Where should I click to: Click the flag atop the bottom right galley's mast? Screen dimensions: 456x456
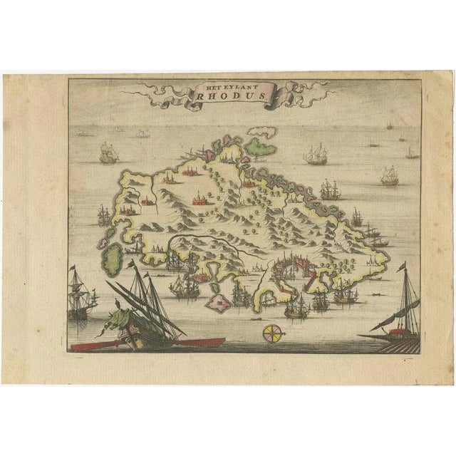[x=400, y=267]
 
